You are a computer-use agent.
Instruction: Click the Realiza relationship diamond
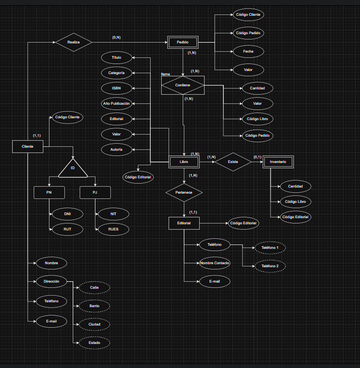click(x=74, y=42)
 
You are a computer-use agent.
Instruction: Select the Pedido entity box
click(x=183, y=42)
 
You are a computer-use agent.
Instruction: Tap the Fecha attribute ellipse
click(x=248, y=51)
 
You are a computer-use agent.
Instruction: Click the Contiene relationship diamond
click(x=183, y=85)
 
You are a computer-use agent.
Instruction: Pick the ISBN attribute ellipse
click(x=116, y=88)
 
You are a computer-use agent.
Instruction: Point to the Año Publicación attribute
click(x=116, y=103)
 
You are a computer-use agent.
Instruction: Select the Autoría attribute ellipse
click(x=116, y=149)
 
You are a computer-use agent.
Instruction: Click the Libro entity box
click(x=184, y=162)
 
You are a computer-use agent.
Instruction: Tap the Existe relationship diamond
click(x=233, y=162)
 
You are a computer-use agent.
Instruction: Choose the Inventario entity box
click(x=278, y=162)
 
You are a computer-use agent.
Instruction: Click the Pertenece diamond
click(x=184, y=192)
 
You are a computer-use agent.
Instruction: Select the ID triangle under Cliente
click(x=73, y=169)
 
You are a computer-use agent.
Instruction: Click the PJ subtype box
click(x=95, y=192)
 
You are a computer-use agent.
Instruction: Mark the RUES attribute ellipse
click(x=113, y=229)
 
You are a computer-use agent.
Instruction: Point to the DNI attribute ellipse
click(x=67, y=214)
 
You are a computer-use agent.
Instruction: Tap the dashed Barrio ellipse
click(x=94, y=306)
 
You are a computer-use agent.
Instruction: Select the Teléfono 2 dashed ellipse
click(x=270, y=266)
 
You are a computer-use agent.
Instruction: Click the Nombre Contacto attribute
click(x=215, y=263)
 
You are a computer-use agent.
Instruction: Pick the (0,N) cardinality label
click(x=116, y=38)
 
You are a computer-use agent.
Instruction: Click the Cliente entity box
click(x=28, y=147)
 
